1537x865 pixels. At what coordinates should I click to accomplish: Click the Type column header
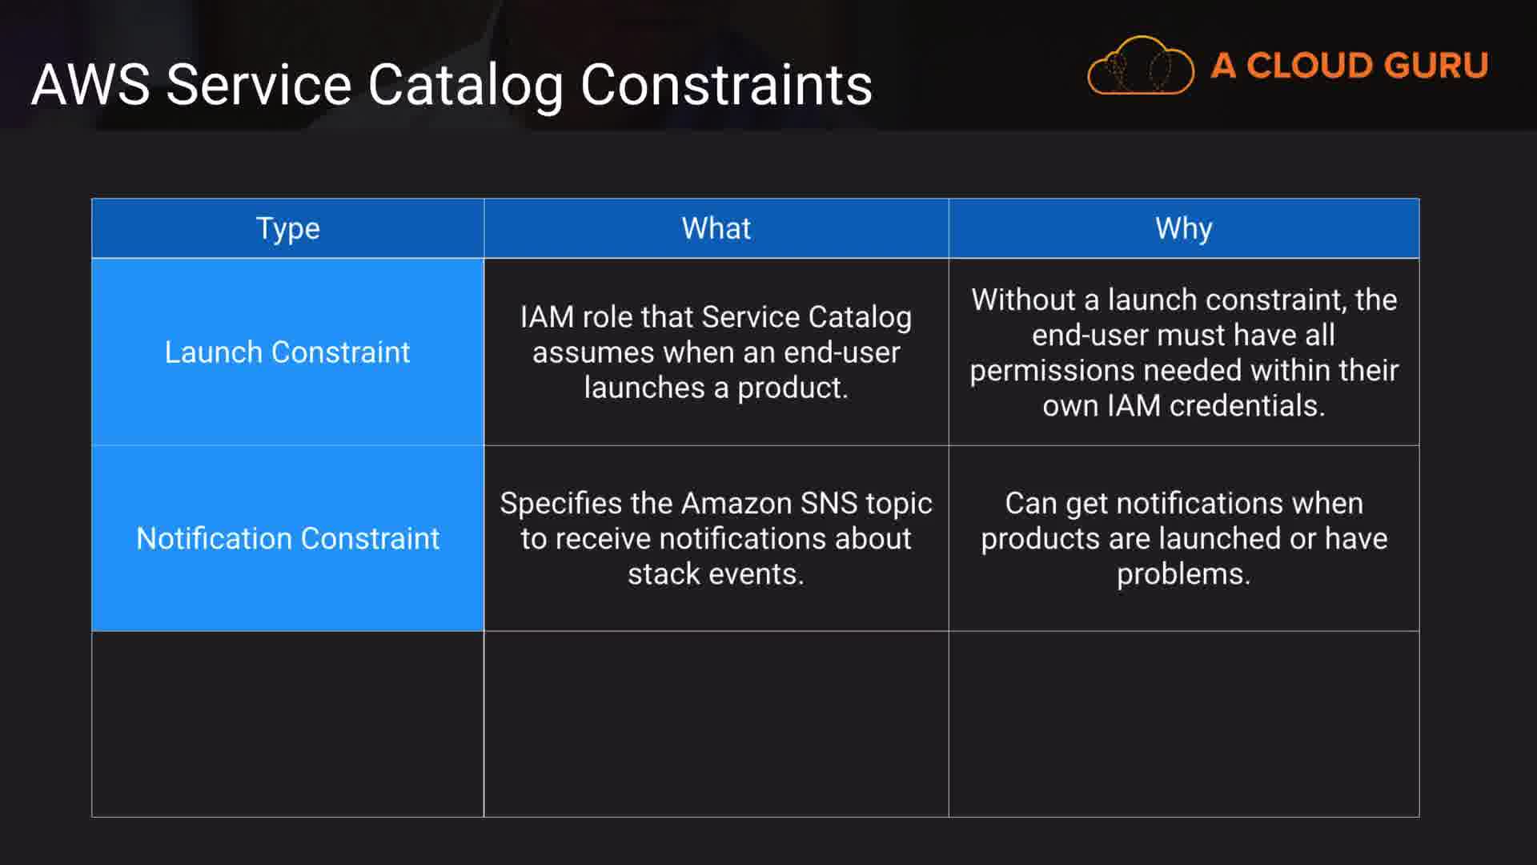point(288,229)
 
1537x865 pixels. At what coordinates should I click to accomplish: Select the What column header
point(716,228)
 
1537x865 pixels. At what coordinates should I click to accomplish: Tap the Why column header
point(1183,229)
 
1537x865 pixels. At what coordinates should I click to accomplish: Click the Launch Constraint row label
point(287,352)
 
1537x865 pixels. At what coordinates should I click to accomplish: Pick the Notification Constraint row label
point(287,538)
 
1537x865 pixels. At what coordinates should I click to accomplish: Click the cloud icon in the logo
point(1141,66)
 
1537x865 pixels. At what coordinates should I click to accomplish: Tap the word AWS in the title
point(90,85)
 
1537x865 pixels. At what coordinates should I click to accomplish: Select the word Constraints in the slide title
point(726,85)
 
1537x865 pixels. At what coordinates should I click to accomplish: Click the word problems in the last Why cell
point(1183,574)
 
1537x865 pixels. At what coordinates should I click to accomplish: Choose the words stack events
point(716,573)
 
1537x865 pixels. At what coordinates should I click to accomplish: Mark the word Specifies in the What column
point(560,504)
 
